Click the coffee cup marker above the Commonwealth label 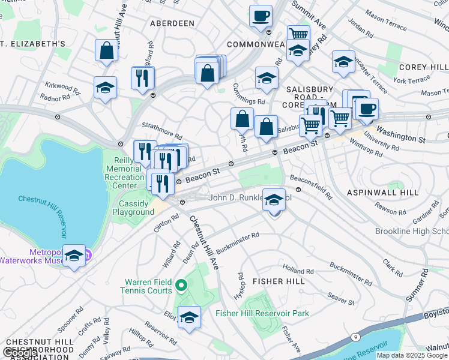coord(261,16)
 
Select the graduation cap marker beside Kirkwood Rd coord(105,88)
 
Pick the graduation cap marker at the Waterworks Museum coord(74,257)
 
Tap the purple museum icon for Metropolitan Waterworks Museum coord(88,256)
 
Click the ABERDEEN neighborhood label coord(172,23)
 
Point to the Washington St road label coord(401,137)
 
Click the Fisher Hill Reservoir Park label coord(262,313)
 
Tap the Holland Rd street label coord(298,271)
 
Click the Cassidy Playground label coord(133,208)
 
